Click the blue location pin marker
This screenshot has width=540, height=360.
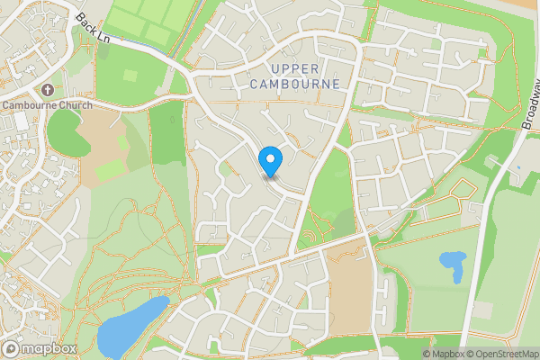(270, 161)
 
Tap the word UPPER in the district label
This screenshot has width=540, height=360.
(294, 68)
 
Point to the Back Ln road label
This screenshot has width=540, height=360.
(93, 28)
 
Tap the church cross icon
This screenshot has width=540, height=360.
(48, 91)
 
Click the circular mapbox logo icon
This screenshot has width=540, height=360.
(11, 348)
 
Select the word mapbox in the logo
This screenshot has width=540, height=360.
(49, 348)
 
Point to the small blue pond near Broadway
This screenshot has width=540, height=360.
(452, 265)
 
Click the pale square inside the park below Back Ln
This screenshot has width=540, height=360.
(130, 76)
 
